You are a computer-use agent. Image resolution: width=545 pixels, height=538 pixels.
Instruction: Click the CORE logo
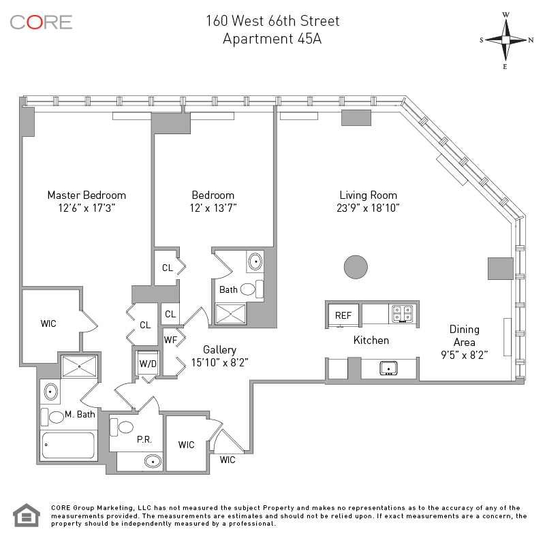click(41, 22)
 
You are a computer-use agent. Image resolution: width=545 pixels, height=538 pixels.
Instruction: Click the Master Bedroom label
click(87, 195)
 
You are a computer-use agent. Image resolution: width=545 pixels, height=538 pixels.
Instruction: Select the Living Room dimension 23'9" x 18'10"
click(369, 208)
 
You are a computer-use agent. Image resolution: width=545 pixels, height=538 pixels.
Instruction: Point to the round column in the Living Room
click(356, 266)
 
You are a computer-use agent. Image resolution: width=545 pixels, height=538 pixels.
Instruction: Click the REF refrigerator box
click(343, 315)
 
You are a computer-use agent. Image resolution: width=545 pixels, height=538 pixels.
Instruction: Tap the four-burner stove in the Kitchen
click(401, 314)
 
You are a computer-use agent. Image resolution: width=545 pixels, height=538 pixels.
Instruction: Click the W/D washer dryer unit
click(147, 363)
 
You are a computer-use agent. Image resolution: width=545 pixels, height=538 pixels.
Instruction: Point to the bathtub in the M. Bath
click(68, 445)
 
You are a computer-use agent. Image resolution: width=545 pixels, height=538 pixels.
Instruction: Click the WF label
click(170, 339)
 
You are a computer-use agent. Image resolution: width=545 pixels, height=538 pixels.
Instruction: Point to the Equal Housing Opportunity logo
click(27, 515)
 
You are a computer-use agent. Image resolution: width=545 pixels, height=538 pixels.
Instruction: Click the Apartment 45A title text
click(272, 38)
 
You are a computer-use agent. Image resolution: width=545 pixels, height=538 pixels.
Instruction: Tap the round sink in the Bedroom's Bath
click(255, 262)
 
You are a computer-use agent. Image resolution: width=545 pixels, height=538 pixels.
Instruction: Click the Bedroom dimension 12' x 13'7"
click(213, 208)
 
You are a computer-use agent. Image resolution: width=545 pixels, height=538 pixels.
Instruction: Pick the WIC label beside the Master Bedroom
click(48, 323)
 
